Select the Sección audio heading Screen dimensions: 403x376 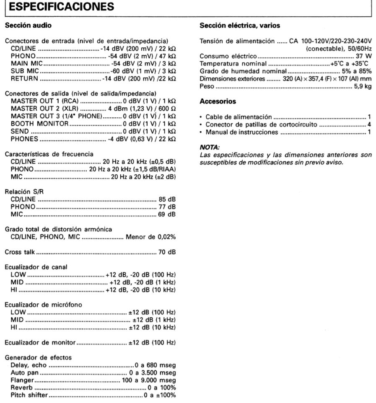pyautogui.click(x=28, y=26)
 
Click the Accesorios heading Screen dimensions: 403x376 pyautogui.click(x=218, y=101)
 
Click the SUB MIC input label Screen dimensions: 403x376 pyautogui.click(x=25, y=71)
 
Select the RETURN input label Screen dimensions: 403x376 pyautogui.click(x=24, y=78)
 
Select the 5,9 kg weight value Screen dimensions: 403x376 pyautogui.click(x=361, y=86)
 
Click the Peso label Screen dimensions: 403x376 pyautogui.click(x=207, y=86)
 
